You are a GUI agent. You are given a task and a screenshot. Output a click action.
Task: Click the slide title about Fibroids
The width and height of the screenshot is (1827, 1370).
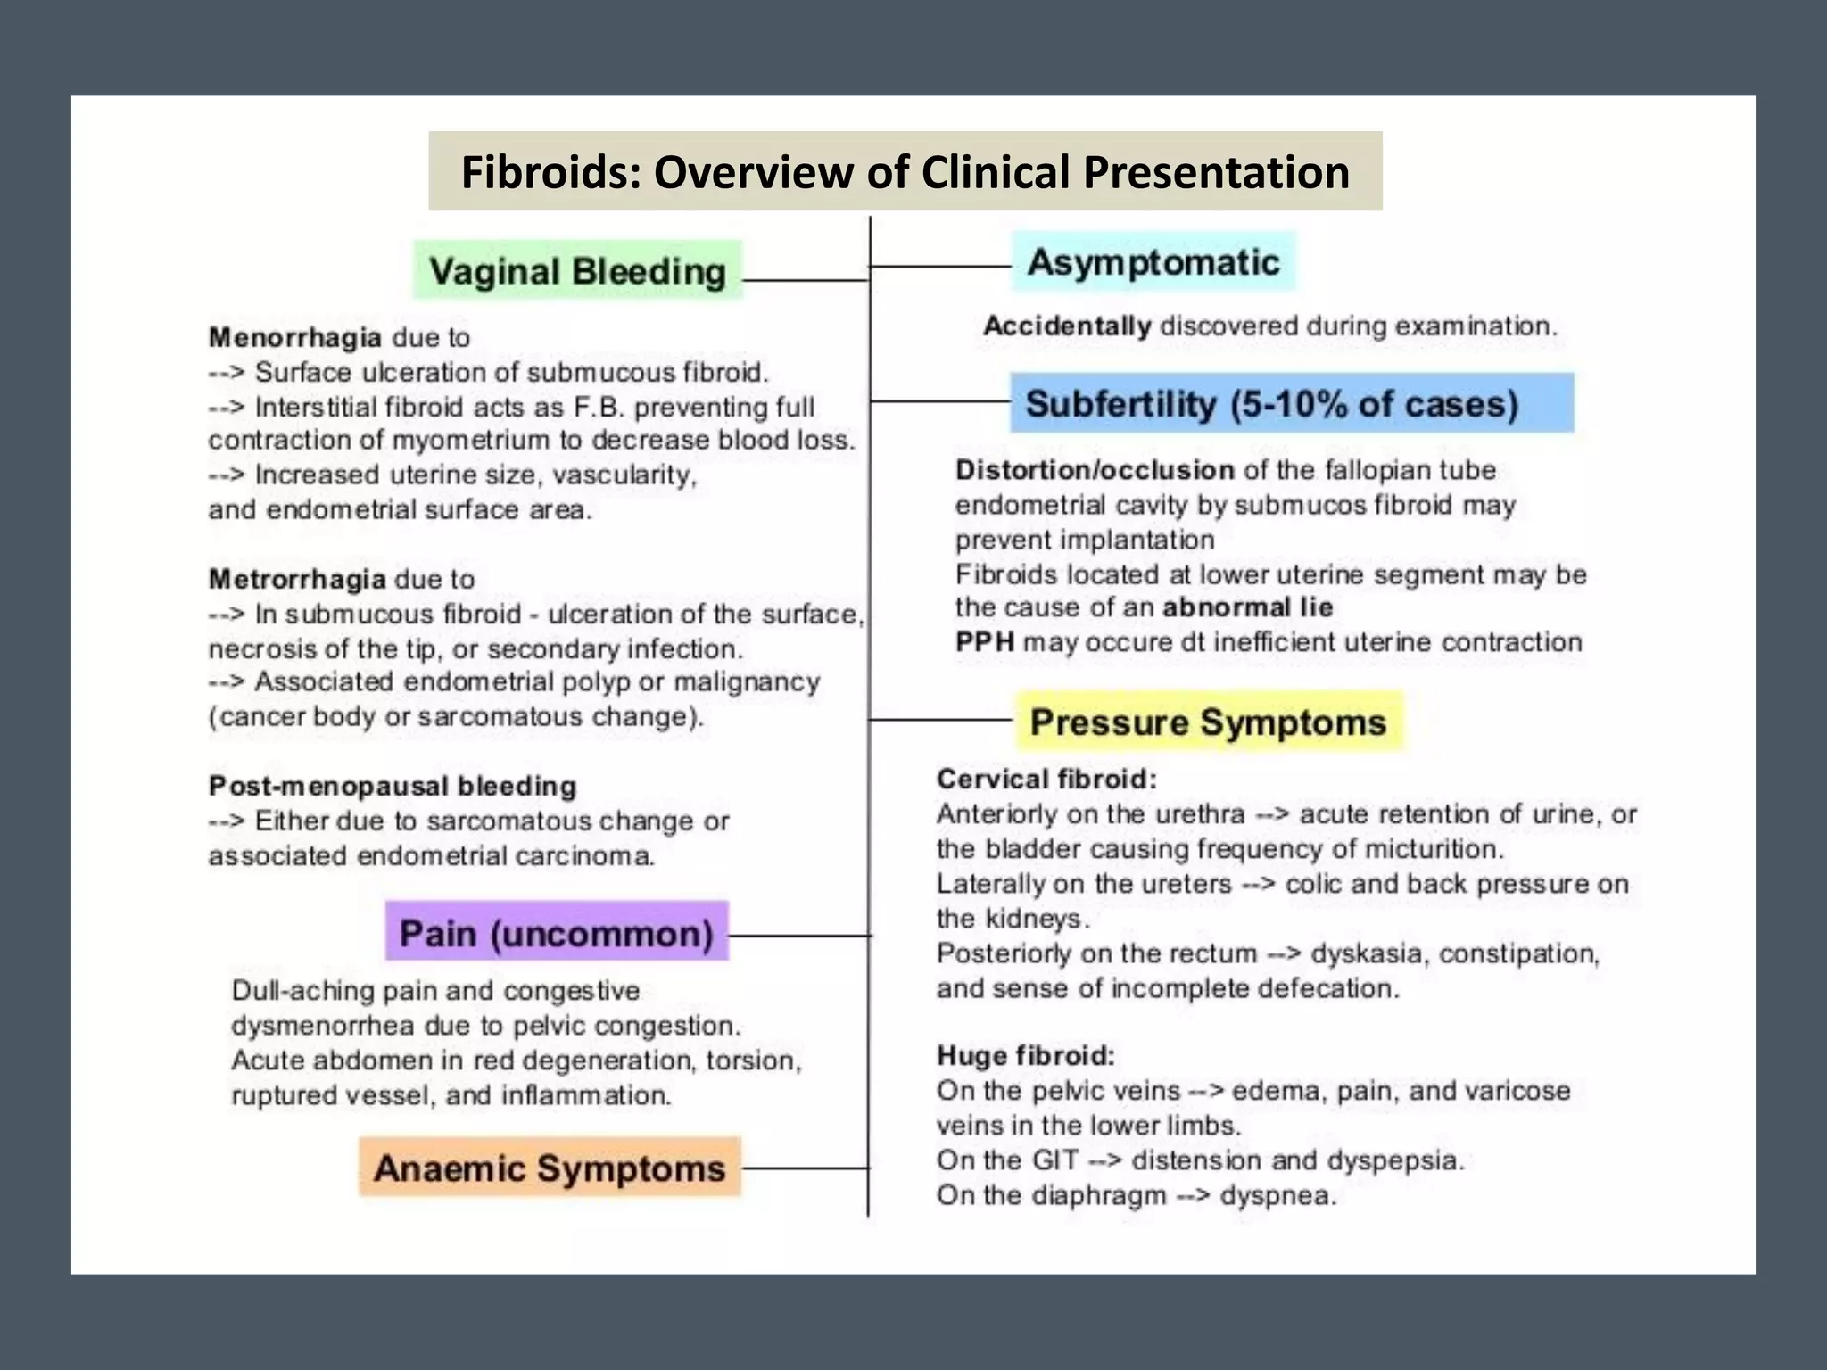(x=905, y=171)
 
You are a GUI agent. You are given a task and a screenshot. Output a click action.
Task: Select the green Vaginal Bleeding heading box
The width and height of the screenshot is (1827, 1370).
(x=577, y=270)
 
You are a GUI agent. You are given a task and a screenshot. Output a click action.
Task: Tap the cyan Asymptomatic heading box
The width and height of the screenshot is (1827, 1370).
(x=1153, y=262)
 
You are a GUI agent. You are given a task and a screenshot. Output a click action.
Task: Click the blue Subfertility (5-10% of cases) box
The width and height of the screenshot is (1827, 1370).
(x=1291, y=403)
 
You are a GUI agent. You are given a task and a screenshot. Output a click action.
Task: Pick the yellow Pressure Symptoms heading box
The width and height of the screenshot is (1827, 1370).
(x=1209, y=722)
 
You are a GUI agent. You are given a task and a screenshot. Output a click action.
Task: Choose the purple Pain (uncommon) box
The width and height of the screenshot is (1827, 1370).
(x=557, y=933)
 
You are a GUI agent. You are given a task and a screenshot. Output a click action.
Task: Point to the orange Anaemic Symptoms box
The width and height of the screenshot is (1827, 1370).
(x=550, y=1168)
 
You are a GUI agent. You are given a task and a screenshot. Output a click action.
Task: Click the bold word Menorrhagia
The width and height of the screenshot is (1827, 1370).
(x=294, y=337)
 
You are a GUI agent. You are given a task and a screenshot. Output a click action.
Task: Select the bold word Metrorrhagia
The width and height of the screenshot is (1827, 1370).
(x=297, y=579)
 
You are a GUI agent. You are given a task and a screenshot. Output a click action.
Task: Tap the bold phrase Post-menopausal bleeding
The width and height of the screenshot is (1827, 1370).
(x=393, y=786)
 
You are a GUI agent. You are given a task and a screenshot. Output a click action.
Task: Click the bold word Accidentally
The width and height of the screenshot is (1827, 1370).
(x=1067, y=326)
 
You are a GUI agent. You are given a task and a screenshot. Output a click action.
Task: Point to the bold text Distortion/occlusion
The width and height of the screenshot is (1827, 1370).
(x=1095, y=470)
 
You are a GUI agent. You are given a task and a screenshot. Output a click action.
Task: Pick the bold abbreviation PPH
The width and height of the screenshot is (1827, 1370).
(x=984, y=642)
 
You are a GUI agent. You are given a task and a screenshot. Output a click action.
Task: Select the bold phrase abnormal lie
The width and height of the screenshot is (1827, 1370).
(x=1247, y=607)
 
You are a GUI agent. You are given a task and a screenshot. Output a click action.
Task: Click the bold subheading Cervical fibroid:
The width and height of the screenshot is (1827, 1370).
(x=1046, y=779)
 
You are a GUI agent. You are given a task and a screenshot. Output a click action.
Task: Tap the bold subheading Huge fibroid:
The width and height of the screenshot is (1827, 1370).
(x=1026, y=1056)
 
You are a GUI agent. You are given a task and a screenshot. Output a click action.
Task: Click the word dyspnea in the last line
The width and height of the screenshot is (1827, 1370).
(x=1277, y=1195)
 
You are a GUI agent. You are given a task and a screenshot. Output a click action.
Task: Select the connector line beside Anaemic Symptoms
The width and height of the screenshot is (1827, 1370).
(x=805, y=1168)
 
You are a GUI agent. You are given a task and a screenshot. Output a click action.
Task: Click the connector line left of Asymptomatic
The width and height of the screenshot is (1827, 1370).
(x=940, y=266)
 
